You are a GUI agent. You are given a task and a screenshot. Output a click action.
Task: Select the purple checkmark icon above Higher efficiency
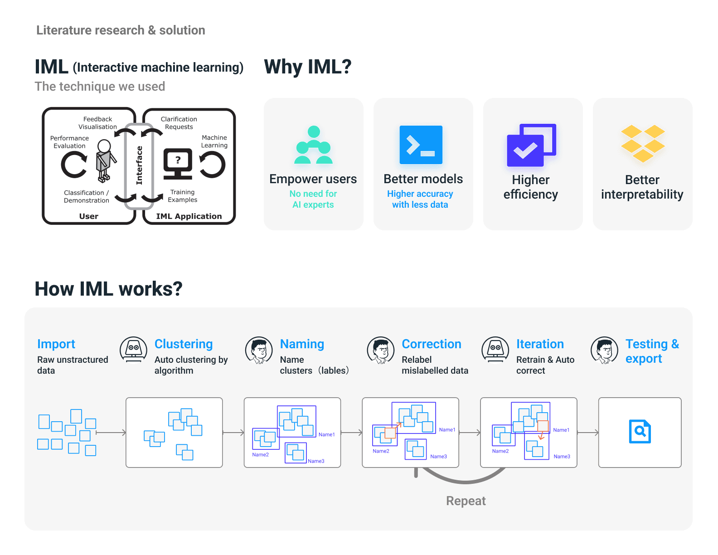click(531, 145)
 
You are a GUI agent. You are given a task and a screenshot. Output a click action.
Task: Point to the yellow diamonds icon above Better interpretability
click(642, 143)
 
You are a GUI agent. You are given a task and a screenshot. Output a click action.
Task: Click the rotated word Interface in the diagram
click(139, 165)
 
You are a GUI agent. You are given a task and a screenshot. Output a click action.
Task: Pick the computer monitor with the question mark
click(178, 164)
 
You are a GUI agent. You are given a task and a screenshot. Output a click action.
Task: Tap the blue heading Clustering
click(184, 344)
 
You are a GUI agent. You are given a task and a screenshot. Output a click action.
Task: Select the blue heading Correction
click(431, 344)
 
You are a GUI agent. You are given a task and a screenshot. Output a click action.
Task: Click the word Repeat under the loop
click(466, 501)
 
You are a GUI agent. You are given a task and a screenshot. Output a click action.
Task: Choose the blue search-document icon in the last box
click(640, 431)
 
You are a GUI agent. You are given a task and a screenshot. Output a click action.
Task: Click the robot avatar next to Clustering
click(133, 350)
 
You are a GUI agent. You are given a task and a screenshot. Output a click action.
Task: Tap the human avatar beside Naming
click(259, 351)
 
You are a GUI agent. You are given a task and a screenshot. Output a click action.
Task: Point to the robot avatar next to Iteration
click(495, 350)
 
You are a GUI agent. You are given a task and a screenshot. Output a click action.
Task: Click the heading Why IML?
click(308, 67)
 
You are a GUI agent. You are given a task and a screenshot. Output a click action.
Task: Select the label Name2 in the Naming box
click(260, 454)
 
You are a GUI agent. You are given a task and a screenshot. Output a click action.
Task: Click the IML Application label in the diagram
click(189, 216)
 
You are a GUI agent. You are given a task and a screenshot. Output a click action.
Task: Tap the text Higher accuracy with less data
click(420, 199)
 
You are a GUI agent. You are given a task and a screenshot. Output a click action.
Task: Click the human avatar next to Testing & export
click(604, 351)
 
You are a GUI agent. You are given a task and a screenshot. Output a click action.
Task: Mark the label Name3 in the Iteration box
click(562, 457)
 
